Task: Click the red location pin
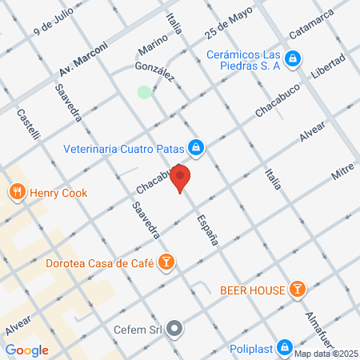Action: [181, 178]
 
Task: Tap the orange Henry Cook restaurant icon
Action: [16, 192]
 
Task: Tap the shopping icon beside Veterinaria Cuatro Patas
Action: [195, 147]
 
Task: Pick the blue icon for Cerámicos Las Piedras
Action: [293, 58]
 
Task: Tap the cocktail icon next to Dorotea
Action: [166, 262]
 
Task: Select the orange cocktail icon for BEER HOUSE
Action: [298, 288]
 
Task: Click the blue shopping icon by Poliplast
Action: [284, 347]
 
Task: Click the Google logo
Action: [27, 350]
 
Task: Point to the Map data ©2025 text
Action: [325, 354]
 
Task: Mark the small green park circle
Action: [144, 93]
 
